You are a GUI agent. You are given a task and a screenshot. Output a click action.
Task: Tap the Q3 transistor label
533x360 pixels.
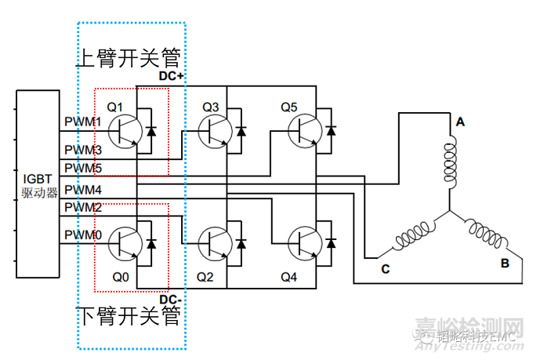click(x=211, y=106)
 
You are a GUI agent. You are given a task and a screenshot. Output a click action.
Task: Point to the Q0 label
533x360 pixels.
click(x=119, y=277)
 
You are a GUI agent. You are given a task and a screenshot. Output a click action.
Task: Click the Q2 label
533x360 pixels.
click(x=205, y=277)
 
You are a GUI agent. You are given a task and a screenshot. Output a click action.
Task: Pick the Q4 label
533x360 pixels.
click(x=288, y=277)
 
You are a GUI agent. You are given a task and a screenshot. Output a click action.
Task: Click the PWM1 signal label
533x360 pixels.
click(x=82, y=122)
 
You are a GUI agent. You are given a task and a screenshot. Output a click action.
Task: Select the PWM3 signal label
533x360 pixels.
click(x=82, y=149)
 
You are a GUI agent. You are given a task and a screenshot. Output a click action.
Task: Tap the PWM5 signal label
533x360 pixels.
click(x=82, y=168)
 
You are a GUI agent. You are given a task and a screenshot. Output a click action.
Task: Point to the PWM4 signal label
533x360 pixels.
click(x=82, y=190)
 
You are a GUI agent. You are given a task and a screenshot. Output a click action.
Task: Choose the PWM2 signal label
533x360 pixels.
click(x=82, y=208)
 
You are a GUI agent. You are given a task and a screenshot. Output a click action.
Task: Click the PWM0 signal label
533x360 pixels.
click(x=82, y=235)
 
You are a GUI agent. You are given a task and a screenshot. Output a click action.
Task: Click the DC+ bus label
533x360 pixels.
click(x=171, y=75)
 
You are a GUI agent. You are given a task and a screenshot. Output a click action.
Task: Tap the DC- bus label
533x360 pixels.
click(x=171, y=300)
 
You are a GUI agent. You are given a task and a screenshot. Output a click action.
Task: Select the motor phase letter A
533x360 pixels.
click(x=460, y=122)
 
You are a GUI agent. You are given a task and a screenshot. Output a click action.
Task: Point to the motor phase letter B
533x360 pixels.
click(x=505, y=263)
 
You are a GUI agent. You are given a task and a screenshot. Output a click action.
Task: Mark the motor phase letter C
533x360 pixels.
click(x=385, y=269)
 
